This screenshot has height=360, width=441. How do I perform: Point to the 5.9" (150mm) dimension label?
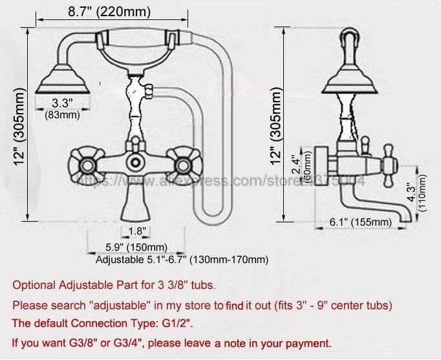pyautogui.click(x=136, y=247)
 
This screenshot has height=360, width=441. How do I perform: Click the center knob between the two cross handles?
pyautogui.click(x=135, y=162)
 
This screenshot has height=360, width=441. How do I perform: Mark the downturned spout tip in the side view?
pyautogui.click(x=406, y=217)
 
